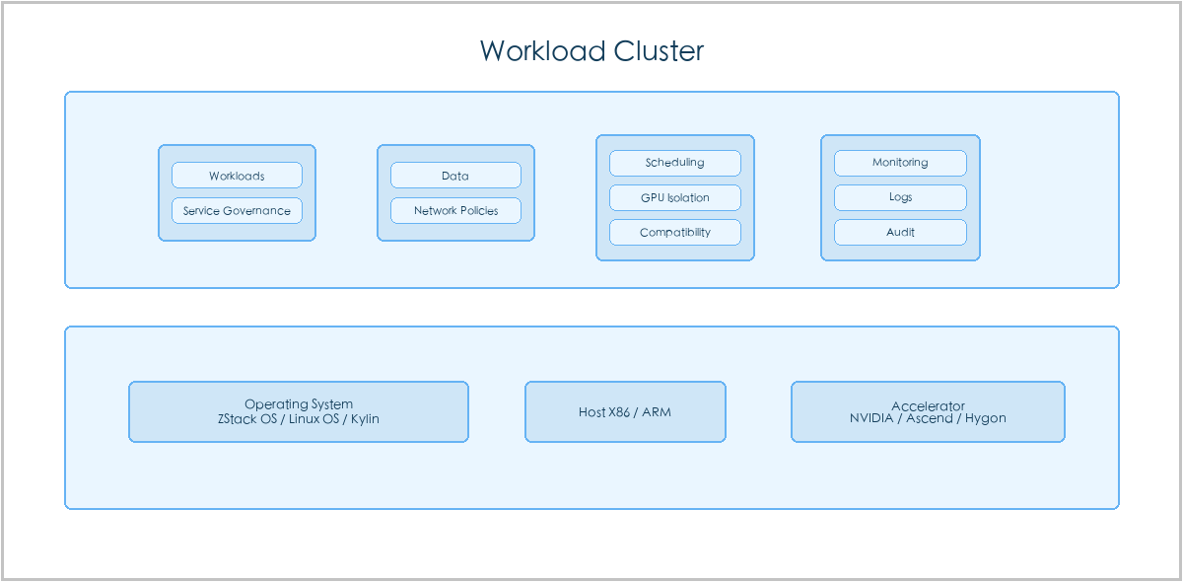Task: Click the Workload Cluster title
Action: click(x=591, y=51)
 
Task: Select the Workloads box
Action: click(x=238, y=175)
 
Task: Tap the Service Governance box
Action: click(x=238, y=210)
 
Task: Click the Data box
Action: click(x=455, y=175)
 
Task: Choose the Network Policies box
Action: click(x=455, y=210)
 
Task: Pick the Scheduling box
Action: click(x=675, y=163)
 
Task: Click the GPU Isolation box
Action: click(x=675, y=197)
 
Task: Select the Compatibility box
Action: click(x=675, y=232)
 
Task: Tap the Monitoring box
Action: click(x=900, y=163)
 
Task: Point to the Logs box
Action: click(x=900, y=197)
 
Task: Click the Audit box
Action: click(x=900, y=232)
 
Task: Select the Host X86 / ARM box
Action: click(x=625, y=411)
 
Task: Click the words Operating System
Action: click(x=299, y=404)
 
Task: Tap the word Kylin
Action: click(x=365, y=418)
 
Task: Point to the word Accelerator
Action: click(x=928, y=406)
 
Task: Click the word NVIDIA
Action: click(x=871, y=418)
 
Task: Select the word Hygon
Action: click(x=986, y=418)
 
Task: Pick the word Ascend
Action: click(x=930, y=418)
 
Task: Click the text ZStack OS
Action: click(x=247, y=418)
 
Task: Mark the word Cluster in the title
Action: click(x=659, y=51)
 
